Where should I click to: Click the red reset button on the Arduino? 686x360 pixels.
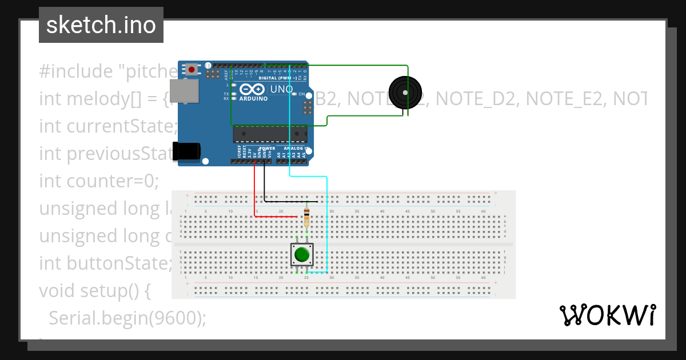coord(192,70)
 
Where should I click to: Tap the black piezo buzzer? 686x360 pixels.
coord(405,92)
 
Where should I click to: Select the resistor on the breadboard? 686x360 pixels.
coord(307,217)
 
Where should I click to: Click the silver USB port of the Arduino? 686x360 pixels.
coord(184,91)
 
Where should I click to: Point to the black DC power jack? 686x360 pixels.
coord(186,151)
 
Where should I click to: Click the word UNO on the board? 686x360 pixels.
coord(281,89)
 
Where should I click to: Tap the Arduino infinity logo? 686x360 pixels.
coord(253,89)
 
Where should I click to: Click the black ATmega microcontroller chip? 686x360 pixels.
coord(269,134)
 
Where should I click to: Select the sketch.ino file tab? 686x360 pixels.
coord(101,25)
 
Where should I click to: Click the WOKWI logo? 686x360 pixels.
coord(607,315)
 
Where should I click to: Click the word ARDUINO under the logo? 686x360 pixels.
coord(253,98)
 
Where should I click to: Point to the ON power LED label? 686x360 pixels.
coord(302,94)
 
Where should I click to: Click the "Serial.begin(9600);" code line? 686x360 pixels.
coord(127,318)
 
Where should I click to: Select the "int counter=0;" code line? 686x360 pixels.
coord(98,181)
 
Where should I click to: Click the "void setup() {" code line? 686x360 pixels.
coord(95,291)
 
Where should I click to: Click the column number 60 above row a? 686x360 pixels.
coord(484,211)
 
